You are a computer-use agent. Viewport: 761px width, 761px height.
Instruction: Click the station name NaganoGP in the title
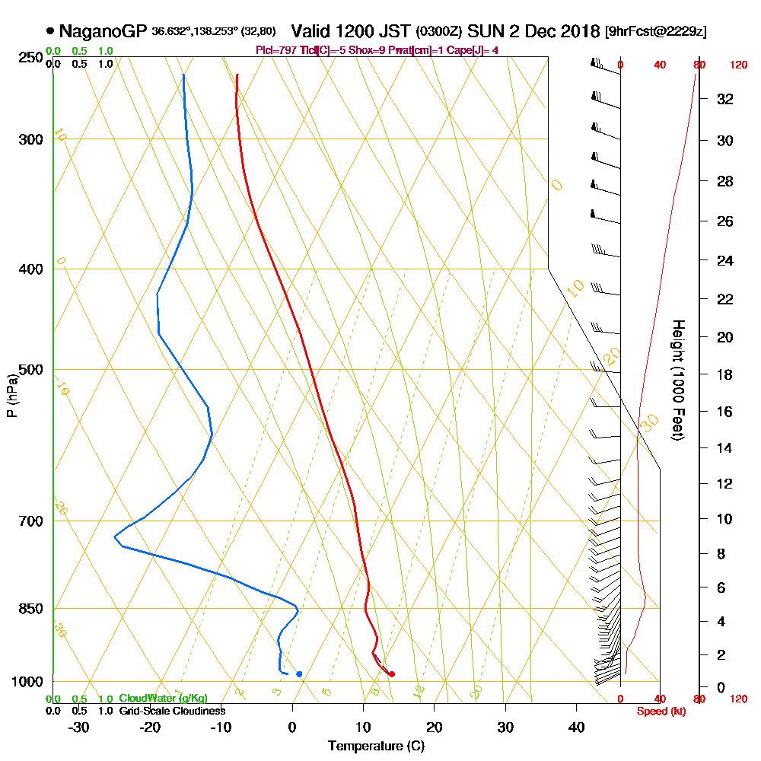click(103, 31)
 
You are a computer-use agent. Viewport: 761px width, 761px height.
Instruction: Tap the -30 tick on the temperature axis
click(79, 727)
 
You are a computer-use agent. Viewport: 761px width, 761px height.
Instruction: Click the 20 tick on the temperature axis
click(435, 727)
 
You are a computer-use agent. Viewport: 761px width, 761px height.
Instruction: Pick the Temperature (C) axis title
click(376, 747)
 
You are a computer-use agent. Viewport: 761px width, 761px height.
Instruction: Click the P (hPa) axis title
click(11, 395)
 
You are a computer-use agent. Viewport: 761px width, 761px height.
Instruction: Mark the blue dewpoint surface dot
click(299, 673)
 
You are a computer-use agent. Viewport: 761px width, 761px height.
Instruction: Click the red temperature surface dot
click(392, 673)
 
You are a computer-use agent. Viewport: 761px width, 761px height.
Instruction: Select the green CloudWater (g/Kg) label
click(163, 699)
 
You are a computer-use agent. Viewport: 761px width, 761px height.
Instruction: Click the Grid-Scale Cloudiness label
click(172, 711)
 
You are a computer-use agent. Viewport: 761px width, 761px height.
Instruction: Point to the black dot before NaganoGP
click(50, 31)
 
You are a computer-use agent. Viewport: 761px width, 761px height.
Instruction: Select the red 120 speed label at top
click(738, 65)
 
